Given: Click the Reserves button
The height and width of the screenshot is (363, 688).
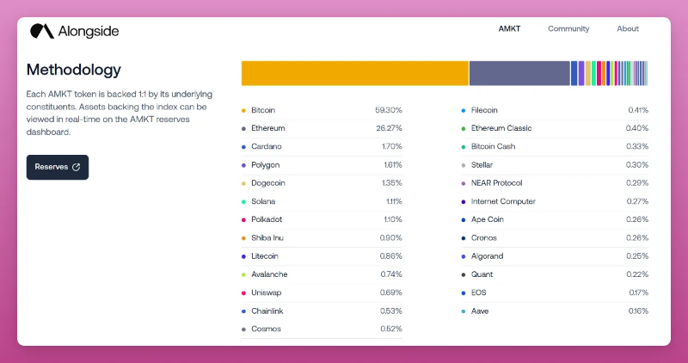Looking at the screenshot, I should [x=57, y=167].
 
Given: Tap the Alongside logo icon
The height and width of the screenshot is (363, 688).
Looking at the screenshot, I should [x=41, y=32].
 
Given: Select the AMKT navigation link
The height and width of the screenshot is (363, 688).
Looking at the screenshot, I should [x=509, y=28].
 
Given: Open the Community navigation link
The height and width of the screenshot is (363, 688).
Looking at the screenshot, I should [x=568, y=28].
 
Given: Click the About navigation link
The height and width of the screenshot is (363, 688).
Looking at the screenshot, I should [x=628, y=28].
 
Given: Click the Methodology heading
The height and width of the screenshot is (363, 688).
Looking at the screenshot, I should [x=74, y=70].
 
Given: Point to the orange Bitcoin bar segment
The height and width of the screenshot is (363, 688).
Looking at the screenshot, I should [x=354, y=73].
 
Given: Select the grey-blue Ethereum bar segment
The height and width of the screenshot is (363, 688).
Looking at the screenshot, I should [x=519, y=73].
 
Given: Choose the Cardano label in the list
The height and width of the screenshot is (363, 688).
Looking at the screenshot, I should [x=266, y=146].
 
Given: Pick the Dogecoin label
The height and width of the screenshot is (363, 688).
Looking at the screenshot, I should [x=268, y=183].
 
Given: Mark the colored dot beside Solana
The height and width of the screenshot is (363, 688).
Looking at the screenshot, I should [x=244, y=201].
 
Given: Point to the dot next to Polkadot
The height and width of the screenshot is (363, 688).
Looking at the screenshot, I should [x=244, y=219].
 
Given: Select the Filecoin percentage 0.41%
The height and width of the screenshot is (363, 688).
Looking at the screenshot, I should [x=637, y=110].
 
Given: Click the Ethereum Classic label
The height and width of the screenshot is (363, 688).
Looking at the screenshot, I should [x=501, y=128].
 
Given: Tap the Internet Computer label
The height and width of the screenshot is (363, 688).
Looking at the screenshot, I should [x=503, y=201].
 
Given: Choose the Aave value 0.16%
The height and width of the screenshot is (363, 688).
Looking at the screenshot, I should [x=638, y=311].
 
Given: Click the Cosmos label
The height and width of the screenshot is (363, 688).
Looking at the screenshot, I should [x=266, y=329].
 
